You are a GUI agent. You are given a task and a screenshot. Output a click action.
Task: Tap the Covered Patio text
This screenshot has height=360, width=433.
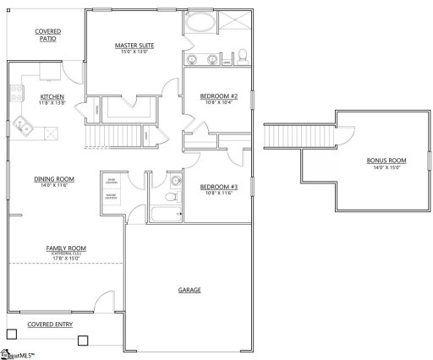[47, 35]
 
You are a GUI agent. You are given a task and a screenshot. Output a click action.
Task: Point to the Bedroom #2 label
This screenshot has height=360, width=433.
[218, 96]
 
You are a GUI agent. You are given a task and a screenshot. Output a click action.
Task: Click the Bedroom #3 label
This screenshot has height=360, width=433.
[218, 187]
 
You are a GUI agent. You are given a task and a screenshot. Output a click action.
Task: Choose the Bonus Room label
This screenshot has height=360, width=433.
[386, 161]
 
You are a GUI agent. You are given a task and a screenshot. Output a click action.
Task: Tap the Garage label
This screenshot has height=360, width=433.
[189, 290]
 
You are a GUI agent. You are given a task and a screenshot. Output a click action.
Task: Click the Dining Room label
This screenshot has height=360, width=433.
[54, 178]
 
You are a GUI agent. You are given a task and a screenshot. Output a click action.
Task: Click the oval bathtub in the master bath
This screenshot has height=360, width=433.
[200, 22]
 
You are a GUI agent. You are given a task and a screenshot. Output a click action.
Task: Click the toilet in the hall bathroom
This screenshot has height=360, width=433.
[172, 197]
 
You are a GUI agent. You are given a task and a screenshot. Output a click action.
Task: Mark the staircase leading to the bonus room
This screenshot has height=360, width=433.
[281, 135]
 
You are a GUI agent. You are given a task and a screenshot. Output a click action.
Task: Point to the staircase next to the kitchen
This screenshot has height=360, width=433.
[113, 134]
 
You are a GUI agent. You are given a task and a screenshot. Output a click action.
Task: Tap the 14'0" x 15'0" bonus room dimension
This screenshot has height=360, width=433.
[386, 168]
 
